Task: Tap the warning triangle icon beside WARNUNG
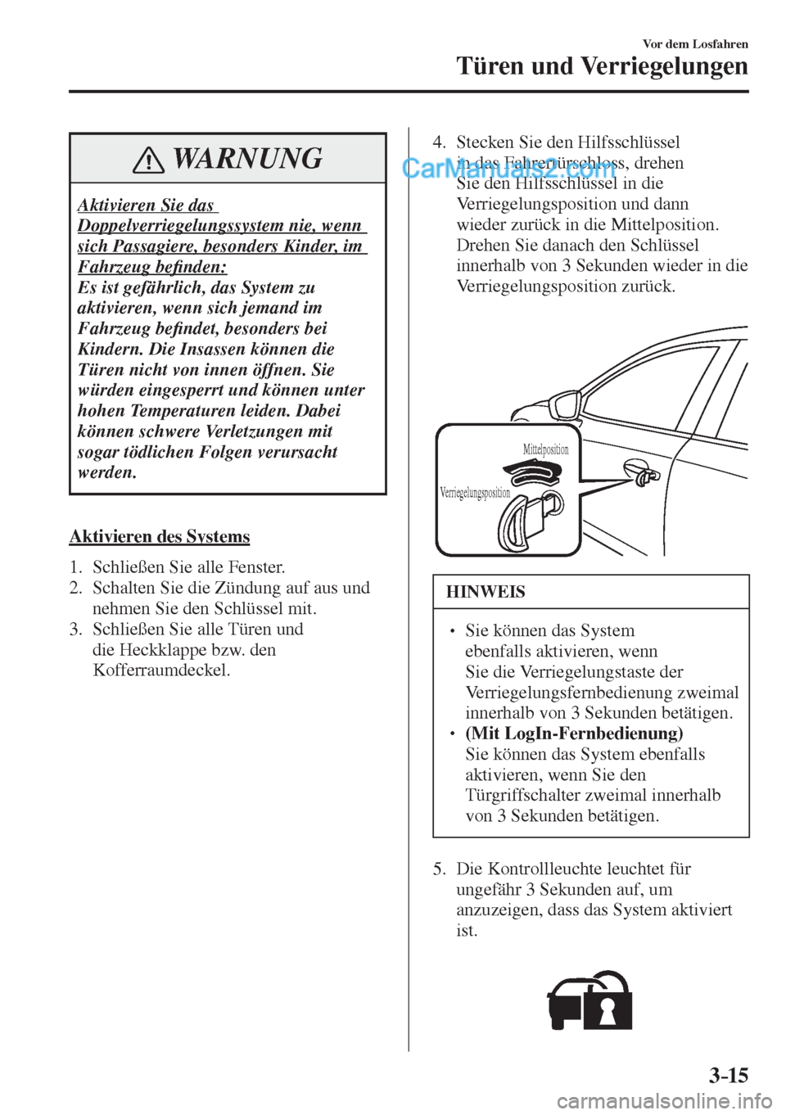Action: [x=150, y=160]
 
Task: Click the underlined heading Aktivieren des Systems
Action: [x=160, y=537]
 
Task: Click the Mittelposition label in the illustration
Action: [x=545, y=449]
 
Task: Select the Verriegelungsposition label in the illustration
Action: [x=475, y=493]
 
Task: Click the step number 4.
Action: [x=439, y=142]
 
